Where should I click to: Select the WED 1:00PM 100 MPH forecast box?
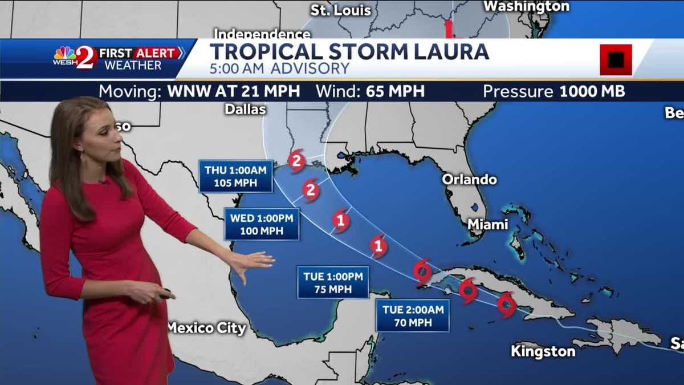pyautogui.click(x=262, y=224)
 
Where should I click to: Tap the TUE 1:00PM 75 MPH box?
pyautogui.click(x=333, y=282)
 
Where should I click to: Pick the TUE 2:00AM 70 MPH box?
pyautogui.click(x=412, y=315)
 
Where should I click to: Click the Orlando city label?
pyautogui.click(x=469, y=180)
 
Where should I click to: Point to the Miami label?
pyautogui.click(x=487, y=225)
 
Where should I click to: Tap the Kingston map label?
pyautogui.click(x=543, y=351)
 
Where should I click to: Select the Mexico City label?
pyautogui.click(x=206, y=328)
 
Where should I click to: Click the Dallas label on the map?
pyautogui.click(x=246, y=109)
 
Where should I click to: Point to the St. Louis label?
pyautogui.click(x=341, y=10)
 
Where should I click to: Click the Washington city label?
pyautogui.click(x=526, y=6)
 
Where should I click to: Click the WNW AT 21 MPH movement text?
pyautogui.click(x=234, y=91)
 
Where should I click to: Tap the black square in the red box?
pyautogui.click(x=616, y=59)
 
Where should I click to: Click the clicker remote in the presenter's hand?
pyautogui.click(x=166, y=294)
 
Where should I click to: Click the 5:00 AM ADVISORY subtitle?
pyautogui.click(x=279, y=69)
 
